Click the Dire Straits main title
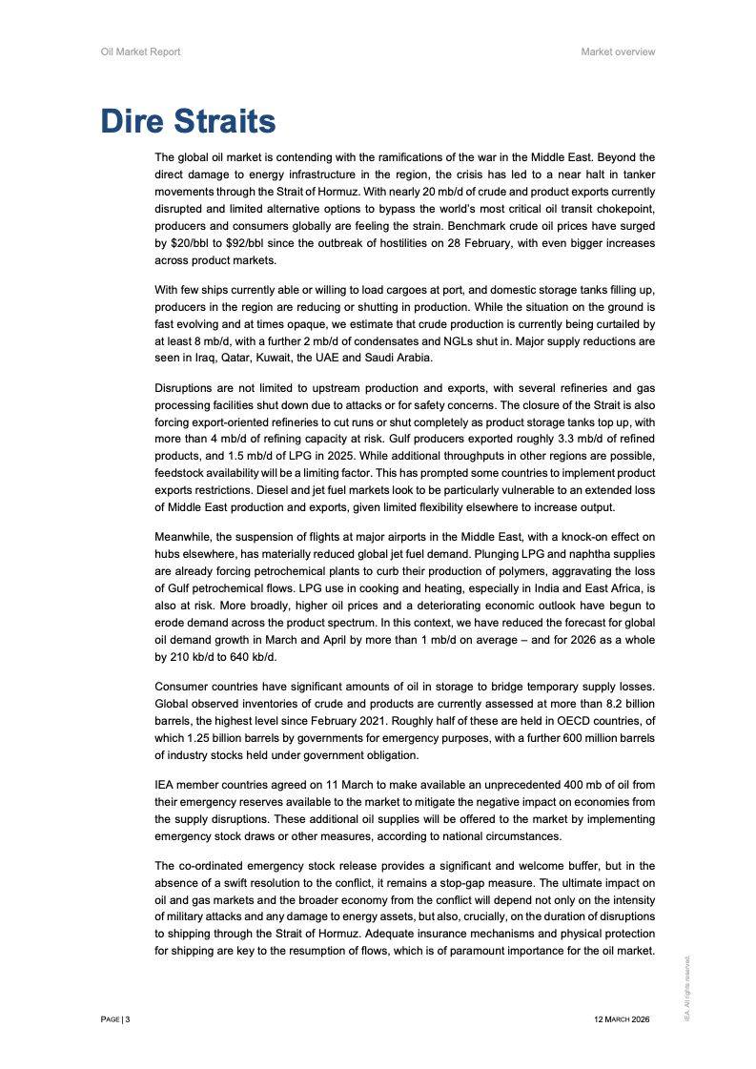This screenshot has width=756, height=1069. (188, 121)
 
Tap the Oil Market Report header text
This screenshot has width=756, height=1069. (140, 51)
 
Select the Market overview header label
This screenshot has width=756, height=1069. (618, 51)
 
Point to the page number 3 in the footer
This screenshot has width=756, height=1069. (127, 1020)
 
